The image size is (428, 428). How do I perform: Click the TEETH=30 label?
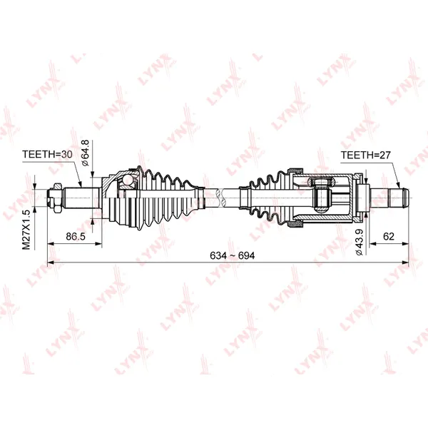click(47, 155)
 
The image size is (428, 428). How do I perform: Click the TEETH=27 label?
click(366, 156)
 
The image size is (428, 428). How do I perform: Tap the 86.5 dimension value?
click(76, 236)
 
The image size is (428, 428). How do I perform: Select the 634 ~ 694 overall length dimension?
click(233, 256)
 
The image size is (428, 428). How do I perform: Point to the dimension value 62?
click(389, 236)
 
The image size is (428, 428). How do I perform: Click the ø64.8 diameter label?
click(86, 153)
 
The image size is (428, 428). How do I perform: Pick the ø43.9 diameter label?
click(360, 243)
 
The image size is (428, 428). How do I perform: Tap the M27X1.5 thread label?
click(26, 230)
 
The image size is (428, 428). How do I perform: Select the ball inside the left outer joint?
click(127, 180)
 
